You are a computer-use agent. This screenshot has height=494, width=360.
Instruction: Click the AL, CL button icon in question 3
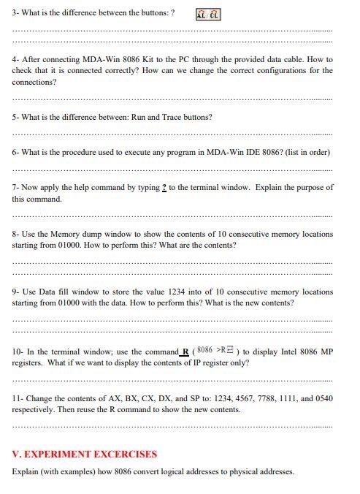click(x=209, y=14)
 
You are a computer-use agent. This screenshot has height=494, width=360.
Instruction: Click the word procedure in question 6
click(x=91, y=152)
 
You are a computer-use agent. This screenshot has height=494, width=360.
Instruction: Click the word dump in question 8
click(x=99, y=234)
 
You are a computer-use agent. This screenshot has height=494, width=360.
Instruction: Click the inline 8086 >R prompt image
click(x=216, y=350)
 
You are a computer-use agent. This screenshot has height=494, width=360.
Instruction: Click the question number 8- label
click(x=16, y=234)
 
